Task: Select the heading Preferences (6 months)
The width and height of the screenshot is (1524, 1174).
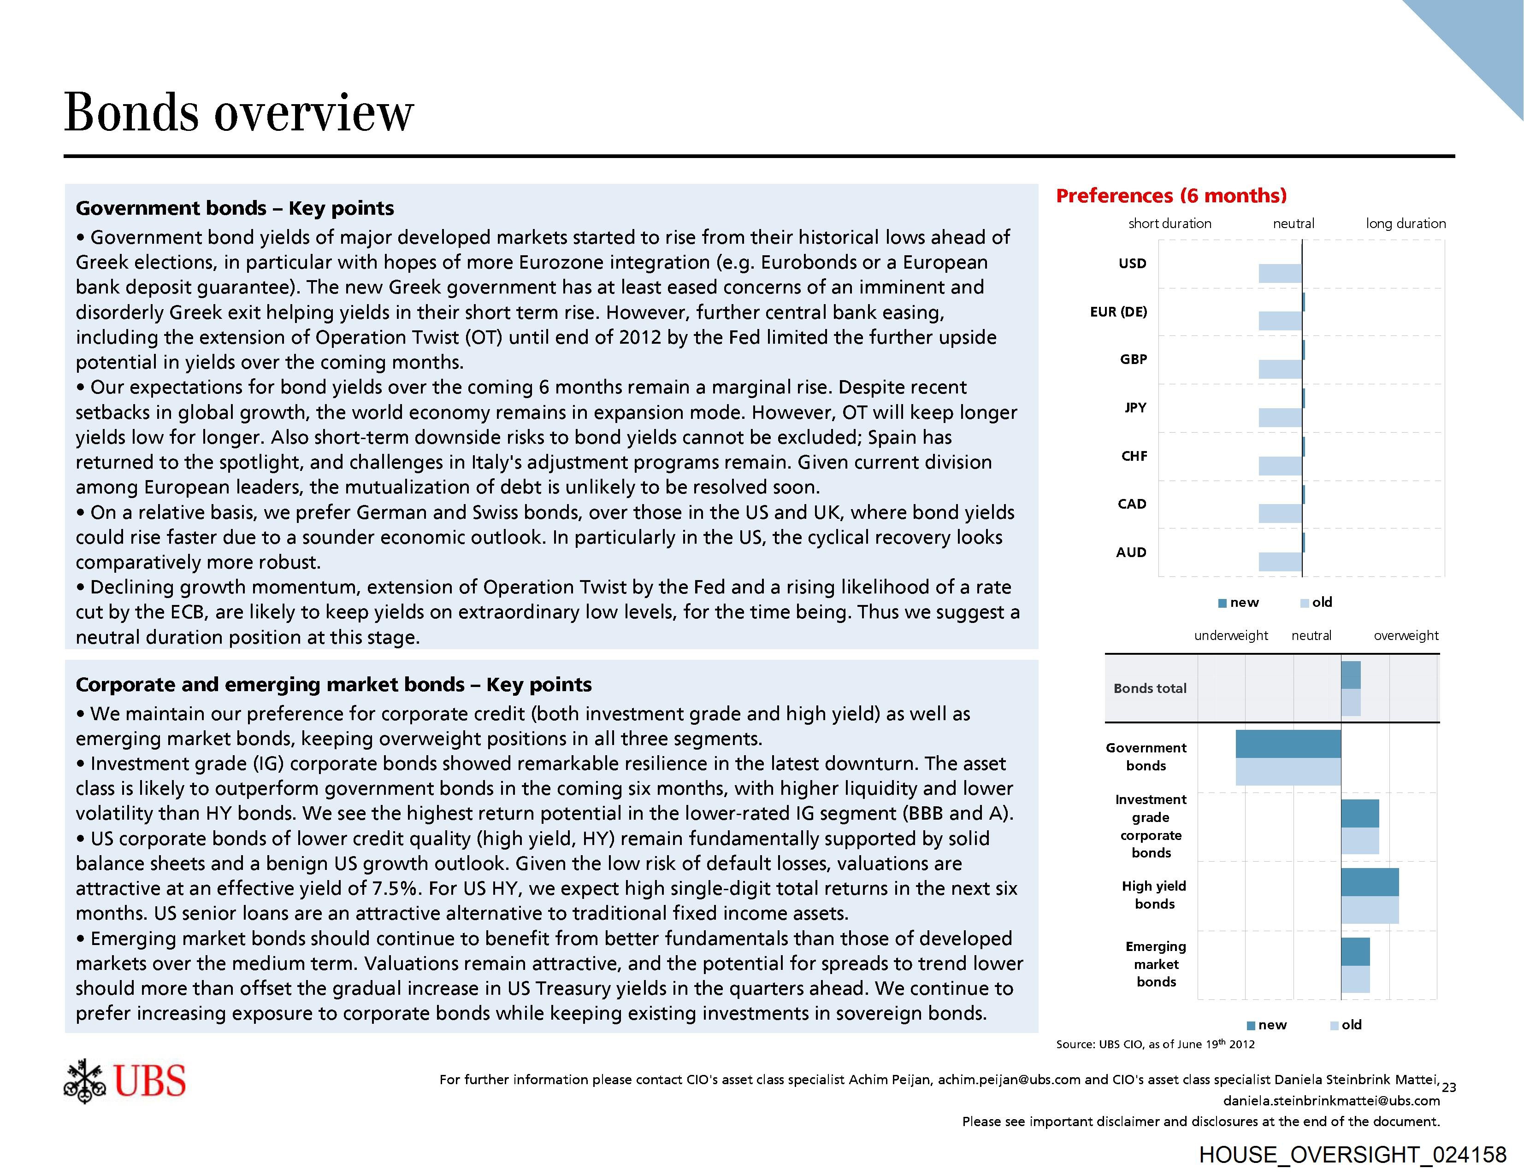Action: (x=1171, y=195)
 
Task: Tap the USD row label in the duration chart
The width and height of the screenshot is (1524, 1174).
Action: (x=1132, y=264)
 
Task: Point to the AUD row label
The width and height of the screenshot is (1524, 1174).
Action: (x=1130, y=552)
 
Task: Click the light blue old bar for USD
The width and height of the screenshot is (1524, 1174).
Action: (x=1280, y=273)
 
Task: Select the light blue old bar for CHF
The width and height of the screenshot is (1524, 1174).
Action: (x=1280, y=466)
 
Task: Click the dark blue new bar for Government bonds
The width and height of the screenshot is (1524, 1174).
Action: (x=1288, y=744)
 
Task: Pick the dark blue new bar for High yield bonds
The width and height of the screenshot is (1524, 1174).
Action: (x=1369, y=882)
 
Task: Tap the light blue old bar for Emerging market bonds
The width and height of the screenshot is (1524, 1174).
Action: (x=1355, y=980)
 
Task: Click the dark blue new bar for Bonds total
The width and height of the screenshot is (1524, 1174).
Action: (x=1350, y=675)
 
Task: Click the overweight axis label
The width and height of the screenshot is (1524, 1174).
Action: (x=1406, y=635)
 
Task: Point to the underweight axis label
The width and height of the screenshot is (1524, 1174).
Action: (x=1231, y=635)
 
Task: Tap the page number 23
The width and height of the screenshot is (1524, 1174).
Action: (x=1449, y=1087)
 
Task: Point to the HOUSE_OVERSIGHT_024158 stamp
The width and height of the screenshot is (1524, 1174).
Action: (x=1353, y=1155)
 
